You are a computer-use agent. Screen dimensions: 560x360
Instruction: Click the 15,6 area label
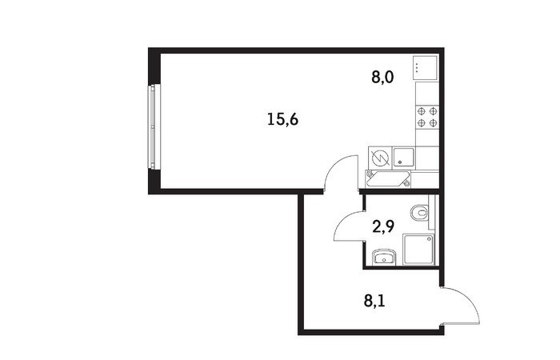click(x=282, y=119)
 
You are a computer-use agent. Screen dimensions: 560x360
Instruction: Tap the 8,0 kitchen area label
click(x=382, y=77)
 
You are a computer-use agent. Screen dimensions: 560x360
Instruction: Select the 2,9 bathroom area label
click(x=383, y=226)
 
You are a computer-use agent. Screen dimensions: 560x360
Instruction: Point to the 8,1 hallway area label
click(x=374, y=301)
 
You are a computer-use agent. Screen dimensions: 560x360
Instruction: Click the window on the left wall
click(x=154, y=126)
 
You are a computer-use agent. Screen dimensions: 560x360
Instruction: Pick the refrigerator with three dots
click(x=425, y=68)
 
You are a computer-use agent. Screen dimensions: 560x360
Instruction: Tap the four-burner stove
click(x=427, y=118)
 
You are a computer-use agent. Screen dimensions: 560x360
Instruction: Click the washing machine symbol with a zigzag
click(x=379, y=158)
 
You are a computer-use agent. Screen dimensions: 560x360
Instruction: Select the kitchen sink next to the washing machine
click(x=403, y=158)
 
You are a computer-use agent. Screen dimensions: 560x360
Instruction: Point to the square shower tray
click(x=418, y=250)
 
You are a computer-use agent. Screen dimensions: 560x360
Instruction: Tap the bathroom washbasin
click(x=383, y=257)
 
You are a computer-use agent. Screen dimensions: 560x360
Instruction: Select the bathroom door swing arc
click(x=343, y=221)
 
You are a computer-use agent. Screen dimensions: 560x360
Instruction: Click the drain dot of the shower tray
click(x=431, y=238)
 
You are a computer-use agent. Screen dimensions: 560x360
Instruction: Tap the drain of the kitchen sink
click(x=400, y=162)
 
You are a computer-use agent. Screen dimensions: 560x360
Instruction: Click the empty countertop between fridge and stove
click(x=427, y=94)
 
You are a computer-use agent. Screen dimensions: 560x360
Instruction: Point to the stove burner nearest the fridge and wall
click(x=433, y=111)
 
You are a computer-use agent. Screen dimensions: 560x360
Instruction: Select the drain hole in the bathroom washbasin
click(x=383, y=260)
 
